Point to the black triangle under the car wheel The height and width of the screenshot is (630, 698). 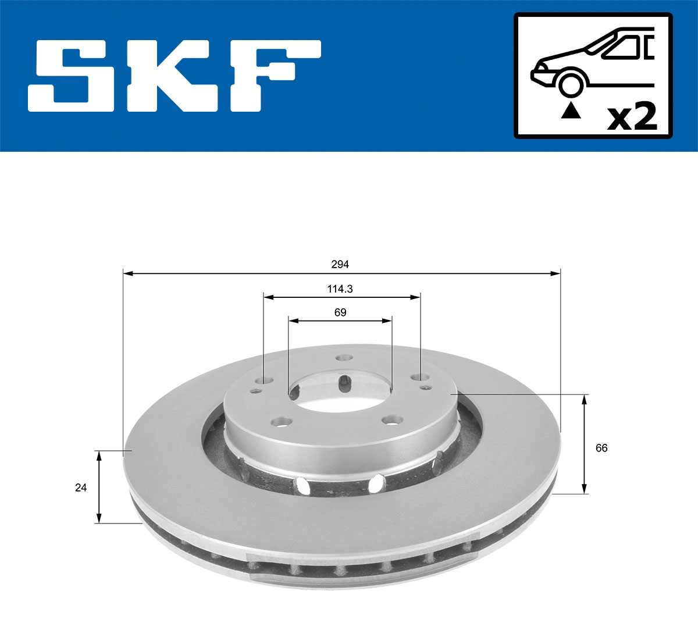click(571, 111)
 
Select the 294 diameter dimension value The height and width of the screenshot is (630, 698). click(340, 265)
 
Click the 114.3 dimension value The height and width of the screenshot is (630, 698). click(340, 289)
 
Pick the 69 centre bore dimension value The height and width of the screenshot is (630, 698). click(340, 312)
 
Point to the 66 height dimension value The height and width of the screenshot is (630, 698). click(601, 448)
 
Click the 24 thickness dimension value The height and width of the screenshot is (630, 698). click(81, 487)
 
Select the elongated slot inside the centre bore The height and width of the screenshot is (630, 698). click(344, 385)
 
